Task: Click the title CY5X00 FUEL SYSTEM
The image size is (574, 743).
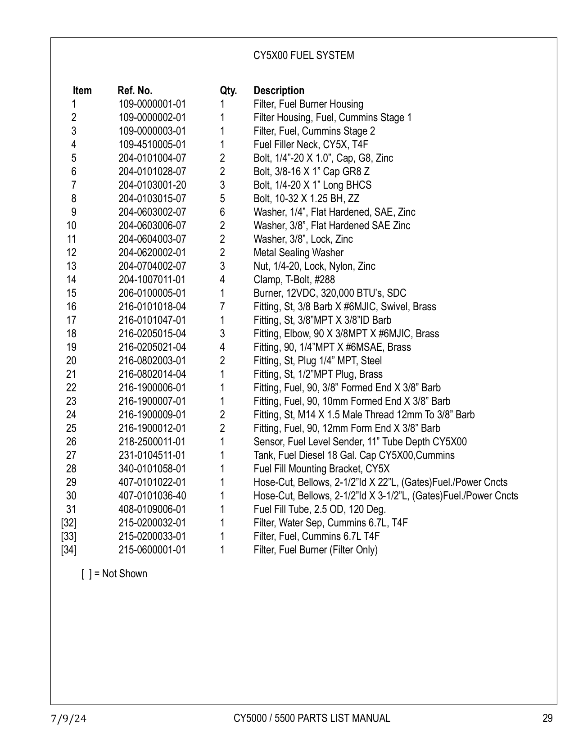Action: pos(303,55)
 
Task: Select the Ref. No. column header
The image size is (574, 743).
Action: pos(135,91)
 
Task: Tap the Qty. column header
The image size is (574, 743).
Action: pos(228,91)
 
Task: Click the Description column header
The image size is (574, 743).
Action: pos(279,91)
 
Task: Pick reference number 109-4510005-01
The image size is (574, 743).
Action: pos(152,145)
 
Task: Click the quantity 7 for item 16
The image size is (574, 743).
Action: pos(222,307)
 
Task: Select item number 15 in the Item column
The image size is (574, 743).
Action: pos(71,293)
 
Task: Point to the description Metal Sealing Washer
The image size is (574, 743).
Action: pos(298,253)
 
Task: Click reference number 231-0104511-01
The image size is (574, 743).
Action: pos(152,455)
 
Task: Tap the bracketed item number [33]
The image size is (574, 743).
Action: pos(68,536)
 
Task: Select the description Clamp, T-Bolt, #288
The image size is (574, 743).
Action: pos(294,280)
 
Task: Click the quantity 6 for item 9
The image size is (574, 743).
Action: pos(222,212)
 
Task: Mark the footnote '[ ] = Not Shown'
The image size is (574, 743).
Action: pos(114,574)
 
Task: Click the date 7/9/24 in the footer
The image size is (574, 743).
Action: pos(68,719)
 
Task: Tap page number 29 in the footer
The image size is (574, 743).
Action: pos(547,718)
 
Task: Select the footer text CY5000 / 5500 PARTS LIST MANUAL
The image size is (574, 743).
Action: pos(312,718)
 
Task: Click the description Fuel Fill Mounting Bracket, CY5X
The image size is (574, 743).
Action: pos(321,469)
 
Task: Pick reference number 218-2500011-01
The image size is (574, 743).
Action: pos(152,442)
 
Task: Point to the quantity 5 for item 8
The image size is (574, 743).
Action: pos(222,199)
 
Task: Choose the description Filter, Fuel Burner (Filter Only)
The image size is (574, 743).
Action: pos(315,550)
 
